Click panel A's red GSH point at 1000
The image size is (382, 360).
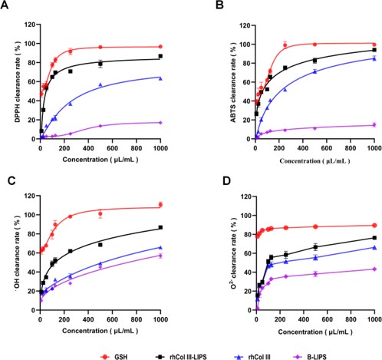click(160, 47)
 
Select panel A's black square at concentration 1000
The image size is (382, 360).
click(160, 56)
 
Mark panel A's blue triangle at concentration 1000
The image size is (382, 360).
click(160, 78)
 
